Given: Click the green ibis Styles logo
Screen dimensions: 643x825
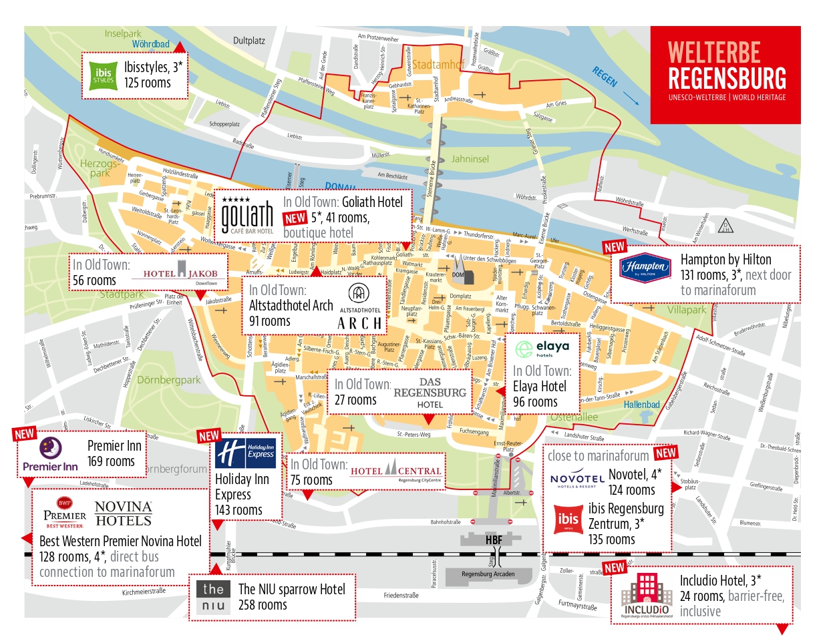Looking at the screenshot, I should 103,75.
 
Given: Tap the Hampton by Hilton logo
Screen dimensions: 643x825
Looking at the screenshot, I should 645,268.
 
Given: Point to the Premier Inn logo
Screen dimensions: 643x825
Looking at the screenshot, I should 50,455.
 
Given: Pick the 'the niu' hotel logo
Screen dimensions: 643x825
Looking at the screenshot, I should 214,597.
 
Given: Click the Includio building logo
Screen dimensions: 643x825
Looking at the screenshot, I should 646,594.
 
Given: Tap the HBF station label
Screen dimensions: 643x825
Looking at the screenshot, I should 494,540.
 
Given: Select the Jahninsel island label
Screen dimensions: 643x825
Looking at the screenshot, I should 470,159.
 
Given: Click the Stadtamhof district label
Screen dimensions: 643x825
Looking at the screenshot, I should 438,65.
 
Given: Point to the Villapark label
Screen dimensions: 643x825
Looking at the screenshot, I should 686,310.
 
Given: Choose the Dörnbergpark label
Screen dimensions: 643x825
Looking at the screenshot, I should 168,380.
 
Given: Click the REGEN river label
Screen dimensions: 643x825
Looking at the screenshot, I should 605,77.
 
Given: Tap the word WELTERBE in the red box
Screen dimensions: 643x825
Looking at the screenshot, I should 713,53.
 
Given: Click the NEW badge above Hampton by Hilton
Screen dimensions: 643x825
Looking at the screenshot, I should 614,247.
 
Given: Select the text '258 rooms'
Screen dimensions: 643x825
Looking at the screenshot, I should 263,605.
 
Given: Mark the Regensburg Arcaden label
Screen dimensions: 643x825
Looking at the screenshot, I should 488,574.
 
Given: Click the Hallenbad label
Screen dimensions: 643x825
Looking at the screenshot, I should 641,405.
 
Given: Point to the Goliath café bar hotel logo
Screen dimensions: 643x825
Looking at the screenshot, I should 246,215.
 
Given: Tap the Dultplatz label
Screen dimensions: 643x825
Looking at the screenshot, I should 249,41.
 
